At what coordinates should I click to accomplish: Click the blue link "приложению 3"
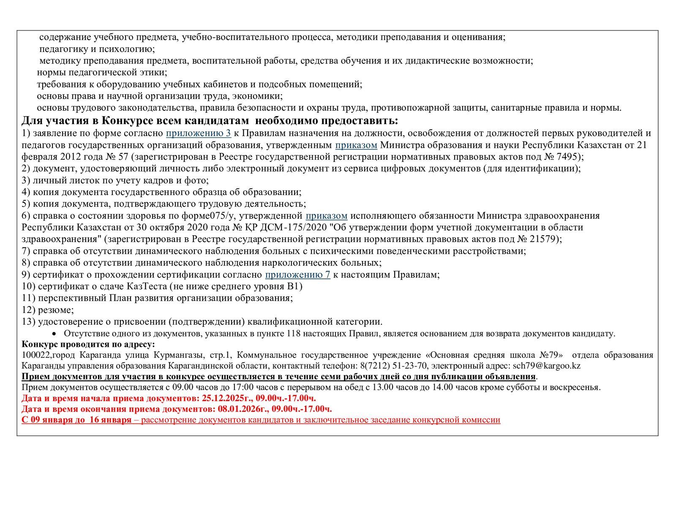click(198, 133)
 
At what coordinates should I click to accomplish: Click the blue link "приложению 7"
click(297, 275)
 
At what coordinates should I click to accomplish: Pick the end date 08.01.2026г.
click(243, 409)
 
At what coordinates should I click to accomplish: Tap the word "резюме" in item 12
click(55, 310)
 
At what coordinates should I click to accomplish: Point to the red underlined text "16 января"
click(111, 420)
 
